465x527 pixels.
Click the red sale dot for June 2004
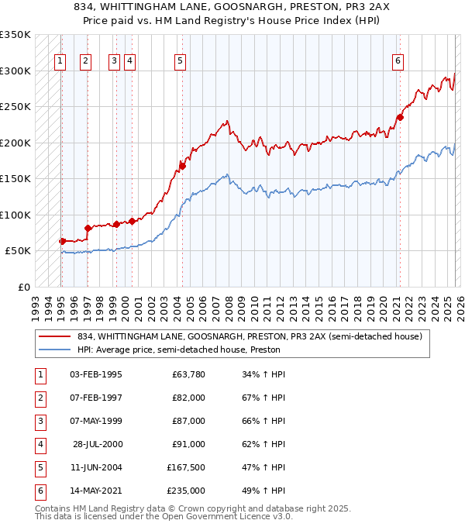click(x=182, y=165)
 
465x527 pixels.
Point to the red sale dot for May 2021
click(x=400, y=117)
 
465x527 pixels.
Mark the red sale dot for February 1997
click(x=88, y=228)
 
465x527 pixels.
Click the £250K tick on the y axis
click(x=15, y=107)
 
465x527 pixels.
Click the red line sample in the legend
click(x=56, y=337)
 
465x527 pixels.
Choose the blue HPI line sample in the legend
click(x=56, y=350)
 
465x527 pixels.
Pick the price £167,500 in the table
click(x=186, y=467)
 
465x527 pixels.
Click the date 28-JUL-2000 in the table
click(x=98, y=444)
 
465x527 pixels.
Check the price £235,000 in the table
click(x=186, y=491)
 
